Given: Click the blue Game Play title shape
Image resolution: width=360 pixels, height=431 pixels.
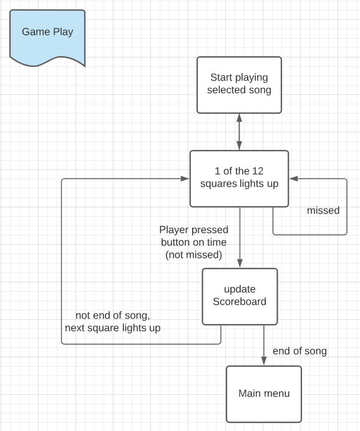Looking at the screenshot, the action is tap(47, 37).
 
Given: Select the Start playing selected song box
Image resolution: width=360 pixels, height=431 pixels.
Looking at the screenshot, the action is tap(239, 85).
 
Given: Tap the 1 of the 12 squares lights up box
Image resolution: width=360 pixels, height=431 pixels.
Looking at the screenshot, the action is tap(239, 179).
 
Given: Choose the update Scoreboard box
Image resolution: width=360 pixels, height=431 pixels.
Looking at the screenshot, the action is tap(240, 297).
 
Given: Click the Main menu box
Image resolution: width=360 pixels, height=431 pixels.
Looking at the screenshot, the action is tap(264, 394).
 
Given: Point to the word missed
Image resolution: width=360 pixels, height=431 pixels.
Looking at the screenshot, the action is tap(323, 211).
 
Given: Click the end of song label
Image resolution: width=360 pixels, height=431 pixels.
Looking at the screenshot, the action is tap(299, 351).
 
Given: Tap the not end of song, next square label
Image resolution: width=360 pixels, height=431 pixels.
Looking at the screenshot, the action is tap(112, 322).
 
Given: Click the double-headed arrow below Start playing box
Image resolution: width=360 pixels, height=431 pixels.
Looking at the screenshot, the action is tap(239, 132).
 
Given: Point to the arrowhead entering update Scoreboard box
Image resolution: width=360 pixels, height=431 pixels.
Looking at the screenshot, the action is tap(240, 264).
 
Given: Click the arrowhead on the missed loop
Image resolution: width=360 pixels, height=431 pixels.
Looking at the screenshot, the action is tap(294, 179).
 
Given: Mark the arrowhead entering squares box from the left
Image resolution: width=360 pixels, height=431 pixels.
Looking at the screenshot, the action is tap(185, 179).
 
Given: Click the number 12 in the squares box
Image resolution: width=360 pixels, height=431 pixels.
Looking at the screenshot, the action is tap(258, 171).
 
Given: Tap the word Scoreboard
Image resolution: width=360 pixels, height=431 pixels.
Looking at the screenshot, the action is tap(240, 302).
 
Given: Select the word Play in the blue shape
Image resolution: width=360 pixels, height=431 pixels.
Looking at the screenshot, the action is tap(63, 32).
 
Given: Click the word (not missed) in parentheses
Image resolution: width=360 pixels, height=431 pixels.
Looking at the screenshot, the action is tap(193, 255).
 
